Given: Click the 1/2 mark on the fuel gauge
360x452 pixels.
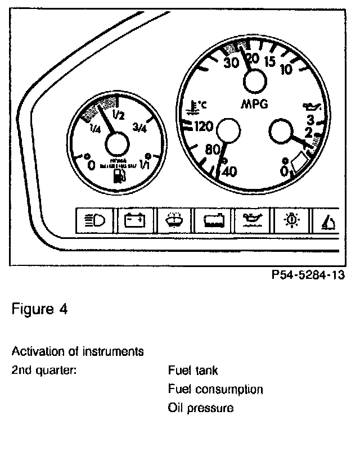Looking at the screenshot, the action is coord(119,116).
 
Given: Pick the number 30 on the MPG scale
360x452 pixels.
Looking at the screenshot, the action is coord(231,62).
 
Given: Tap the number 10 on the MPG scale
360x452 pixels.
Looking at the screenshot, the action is coord(285,70).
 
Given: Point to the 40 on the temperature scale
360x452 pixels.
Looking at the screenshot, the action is coord(229,172).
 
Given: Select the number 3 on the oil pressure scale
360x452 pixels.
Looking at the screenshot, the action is coord(309,119).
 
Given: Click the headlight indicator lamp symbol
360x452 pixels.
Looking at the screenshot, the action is coord(94,220).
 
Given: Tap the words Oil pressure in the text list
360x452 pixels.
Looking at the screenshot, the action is coord(201,408).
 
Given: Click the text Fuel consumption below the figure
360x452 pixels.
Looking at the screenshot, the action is coord(215,389).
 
